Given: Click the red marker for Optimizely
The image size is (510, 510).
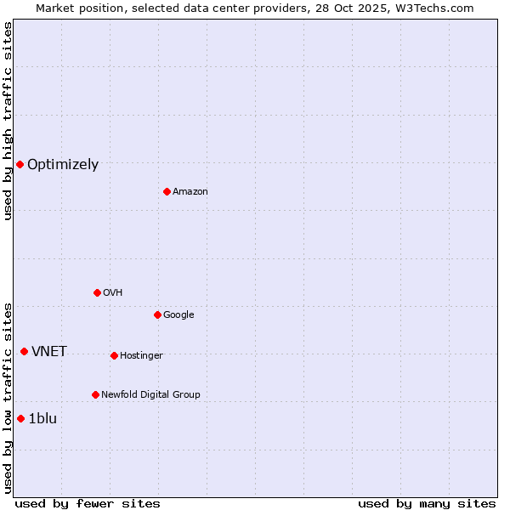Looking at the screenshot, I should point(20,164).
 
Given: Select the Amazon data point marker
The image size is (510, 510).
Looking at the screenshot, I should point(167,191).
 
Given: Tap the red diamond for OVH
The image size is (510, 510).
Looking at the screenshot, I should point(97,292).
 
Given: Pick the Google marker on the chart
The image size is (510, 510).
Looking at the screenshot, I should point(157,314).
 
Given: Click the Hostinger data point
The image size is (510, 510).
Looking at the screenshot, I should point(114,355).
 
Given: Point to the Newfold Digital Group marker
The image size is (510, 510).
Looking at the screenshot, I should point(95,394).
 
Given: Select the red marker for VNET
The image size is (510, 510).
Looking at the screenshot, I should point(24,351).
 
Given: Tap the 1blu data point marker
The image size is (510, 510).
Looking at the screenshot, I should point(20,418).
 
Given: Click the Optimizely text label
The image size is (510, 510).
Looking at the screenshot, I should point(63,165).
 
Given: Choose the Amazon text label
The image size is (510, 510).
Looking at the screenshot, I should point(190,192).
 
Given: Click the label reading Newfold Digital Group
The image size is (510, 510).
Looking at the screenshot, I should point(150,394).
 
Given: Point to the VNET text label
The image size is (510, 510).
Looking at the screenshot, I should point(49,352).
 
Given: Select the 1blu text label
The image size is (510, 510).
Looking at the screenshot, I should point(42,418).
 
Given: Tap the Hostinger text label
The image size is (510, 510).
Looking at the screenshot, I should point(141,355).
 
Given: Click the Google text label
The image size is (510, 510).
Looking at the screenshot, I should point(178,315).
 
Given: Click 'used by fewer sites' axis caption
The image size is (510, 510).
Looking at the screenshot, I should point(88,503).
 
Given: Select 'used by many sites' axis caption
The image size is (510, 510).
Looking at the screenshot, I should point(427,503).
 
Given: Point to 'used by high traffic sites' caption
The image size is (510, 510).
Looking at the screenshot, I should point(8,121).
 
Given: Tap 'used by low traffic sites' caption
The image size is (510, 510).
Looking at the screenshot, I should point(8,397).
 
